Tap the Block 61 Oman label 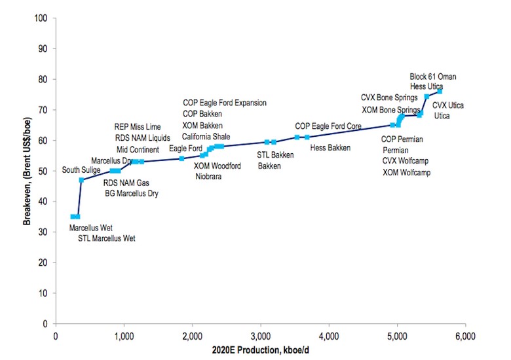click(433, 77)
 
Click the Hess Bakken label click(330, 148)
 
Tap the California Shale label click(206, 136)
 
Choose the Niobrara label click(210, 176)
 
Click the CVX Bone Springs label click(389, 98)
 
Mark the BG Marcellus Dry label click(132, 193)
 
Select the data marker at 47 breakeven click(81, 180)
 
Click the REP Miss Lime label click(138, 126)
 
